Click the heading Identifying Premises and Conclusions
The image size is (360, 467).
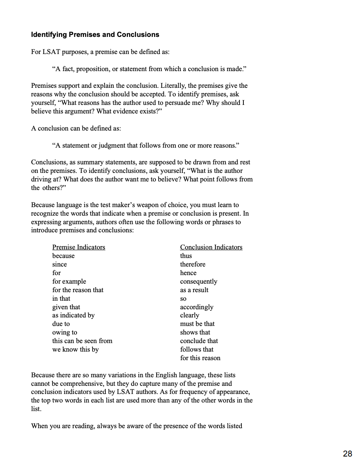click(x=95, y=35)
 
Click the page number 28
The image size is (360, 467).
click(x=348, y=453)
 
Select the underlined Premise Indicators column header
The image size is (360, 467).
click(x=79, y=247)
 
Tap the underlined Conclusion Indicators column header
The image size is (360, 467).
click(x=211, y=247)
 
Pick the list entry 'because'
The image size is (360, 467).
click(x=63, y=256)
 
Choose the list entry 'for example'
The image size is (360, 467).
click(x=69, y=281)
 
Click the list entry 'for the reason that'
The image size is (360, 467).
click(x=78, y=290)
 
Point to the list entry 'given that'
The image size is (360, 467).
click(x=66, y=307)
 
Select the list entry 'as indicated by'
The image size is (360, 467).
click(x=73, y=315)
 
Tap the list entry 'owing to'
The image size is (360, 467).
click(x=65, y=332)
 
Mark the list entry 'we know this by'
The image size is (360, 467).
click(x=75, y=349)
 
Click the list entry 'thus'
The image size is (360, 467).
click(x=186, y=256)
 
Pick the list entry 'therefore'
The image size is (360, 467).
click(x=193, y=264)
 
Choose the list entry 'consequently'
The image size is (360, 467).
click(x=199, y=281)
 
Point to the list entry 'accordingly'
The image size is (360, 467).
click(x=197, y=307)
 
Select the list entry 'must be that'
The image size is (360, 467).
click(x=197, y=324)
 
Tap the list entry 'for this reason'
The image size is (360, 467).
click(x=200, y=358)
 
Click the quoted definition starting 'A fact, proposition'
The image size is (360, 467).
click(x=149, y=69)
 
